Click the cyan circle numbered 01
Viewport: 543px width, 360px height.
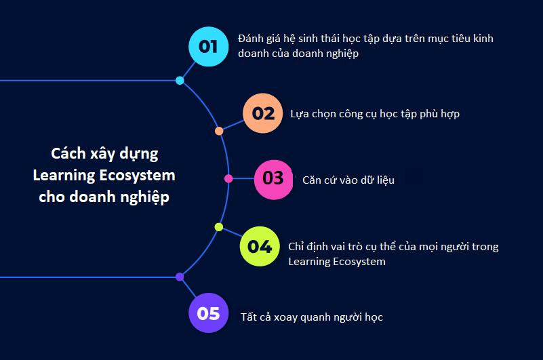209,46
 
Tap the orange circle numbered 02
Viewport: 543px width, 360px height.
263,113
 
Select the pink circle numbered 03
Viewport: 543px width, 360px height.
274,180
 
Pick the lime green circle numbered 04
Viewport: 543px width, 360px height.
260,246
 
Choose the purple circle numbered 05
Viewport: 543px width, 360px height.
209,313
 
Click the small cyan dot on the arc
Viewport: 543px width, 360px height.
180,81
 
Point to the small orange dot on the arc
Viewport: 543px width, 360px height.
219,131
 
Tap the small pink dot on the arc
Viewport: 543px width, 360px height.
228,178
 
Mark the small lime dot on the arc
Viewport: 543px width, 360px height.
219,227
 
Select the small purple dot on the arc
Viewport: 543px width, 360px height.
180,277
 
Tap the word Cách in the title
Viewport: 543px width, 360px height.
68,153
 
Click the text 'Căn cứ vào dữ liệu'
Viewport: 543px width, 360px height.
348,180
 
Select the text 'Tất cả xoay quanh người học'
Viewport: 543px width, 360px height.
312,317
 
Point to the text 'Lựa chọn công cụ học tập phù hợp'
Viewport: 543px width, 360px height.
375,114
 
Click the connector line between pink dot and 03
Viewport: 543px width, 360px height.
243,179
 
